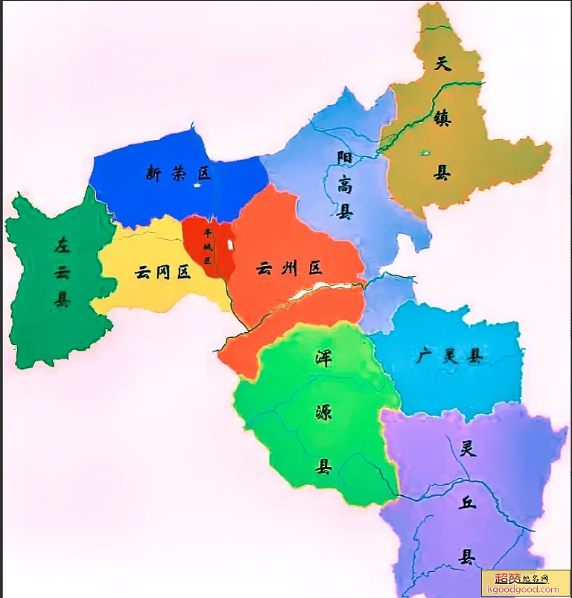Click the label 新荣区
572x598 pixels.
179,174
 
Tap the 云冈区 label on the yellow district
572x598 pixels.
162,272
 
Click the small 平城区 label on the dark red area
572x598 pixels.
209,245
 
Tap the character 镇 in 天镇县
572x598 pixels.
442,118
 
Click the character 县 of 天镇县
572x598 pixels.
442,173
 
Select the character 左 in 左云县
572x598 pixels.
62,244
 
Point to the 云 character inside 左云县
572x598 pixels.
62,272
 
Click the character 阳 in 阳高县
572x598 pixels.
344,158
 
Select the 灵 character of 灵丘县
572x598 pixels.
468,448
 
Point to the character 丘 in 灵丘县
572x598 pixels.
467,503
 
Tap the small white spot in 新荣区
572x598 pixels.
197,185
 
